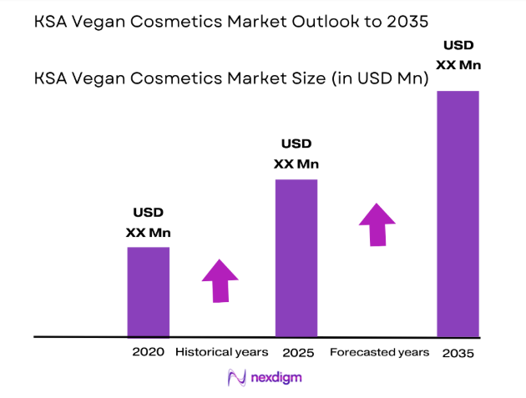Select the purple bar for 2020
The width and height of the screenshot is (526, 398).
coord(148,291)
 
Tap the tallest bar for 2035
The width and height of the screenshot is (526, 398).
coord(458,213)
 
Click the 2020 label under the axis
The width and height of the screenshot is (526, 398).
coord(148,352)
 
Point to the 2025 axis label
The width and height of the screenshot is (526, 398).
coord(297,353)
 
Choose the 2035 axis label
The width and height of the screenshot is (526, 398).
coord(458,353)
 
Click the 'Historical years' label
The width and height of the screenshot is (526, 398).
coord(221,352)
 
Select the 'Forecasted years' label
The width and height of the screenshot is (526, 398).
coord(379,352)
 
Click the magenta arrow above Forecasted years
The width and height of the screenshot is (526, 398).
coord(377,224)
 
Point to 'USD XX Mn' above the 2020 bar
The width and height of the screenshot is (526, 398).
coord(148,223)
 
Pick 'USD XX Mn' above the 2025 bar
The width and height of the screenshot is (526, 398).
coord(296,154)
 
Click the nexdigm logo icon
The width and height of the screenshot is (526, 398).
coord(236,378)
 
